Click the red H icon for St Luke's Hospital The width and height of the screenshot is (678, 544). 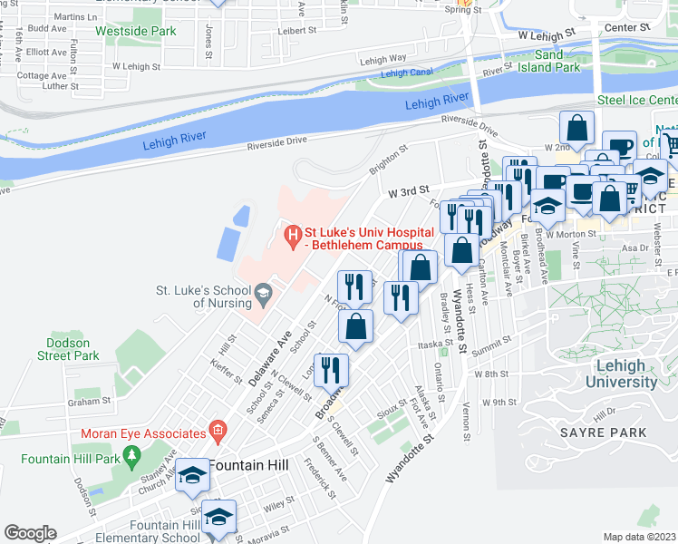[293, 238]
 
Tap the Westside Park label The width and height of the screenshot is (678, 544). [135, 31]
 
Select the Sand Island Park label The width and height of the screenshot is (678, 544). [543, 61]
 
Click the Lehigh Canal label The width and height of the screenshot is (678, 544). [407, 73]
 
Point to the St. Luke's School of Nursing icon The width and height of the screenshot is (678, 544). [263, 292]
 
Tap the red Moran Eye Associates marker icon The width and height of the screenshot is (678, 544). [217, 428]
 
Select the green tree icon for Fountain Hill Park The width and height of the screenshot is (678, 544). [133, 453]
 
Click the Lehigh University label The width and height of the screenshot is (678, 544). [622, 374]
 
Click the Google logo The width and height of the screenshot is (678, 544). [30, 533]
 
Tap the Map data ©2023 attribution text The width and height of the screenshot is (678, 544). [639, 537]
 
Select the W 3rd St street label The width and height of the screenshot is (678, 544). [407, 192]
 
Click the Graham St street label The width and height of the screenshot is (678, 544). [92, 400]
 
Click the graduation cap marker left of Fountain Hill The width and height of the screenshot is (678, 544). [192, 475]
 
